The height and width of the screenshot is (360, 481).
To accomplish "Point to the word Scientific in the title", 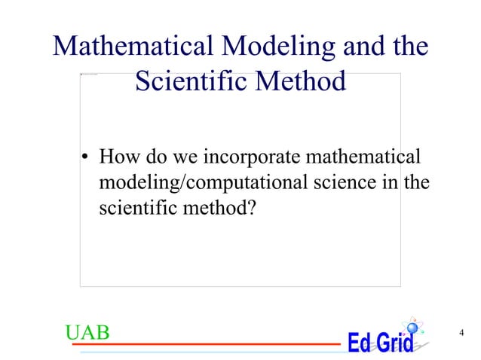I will (x=193, y=80).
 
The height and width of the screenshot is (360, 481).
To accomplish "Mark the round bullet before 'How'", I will (x=86, y=159).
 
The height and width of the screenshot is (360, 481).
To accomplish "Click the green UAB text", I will (x=87, y=332).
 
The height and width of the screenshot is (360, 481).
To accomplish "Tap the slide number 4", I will (x=461, y=332).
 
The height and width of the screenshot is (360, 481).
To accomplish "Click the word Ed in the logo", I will (x=360, y=343).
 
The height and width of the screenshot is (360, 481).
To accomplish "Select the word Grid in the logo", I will (x=394, y=343).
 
